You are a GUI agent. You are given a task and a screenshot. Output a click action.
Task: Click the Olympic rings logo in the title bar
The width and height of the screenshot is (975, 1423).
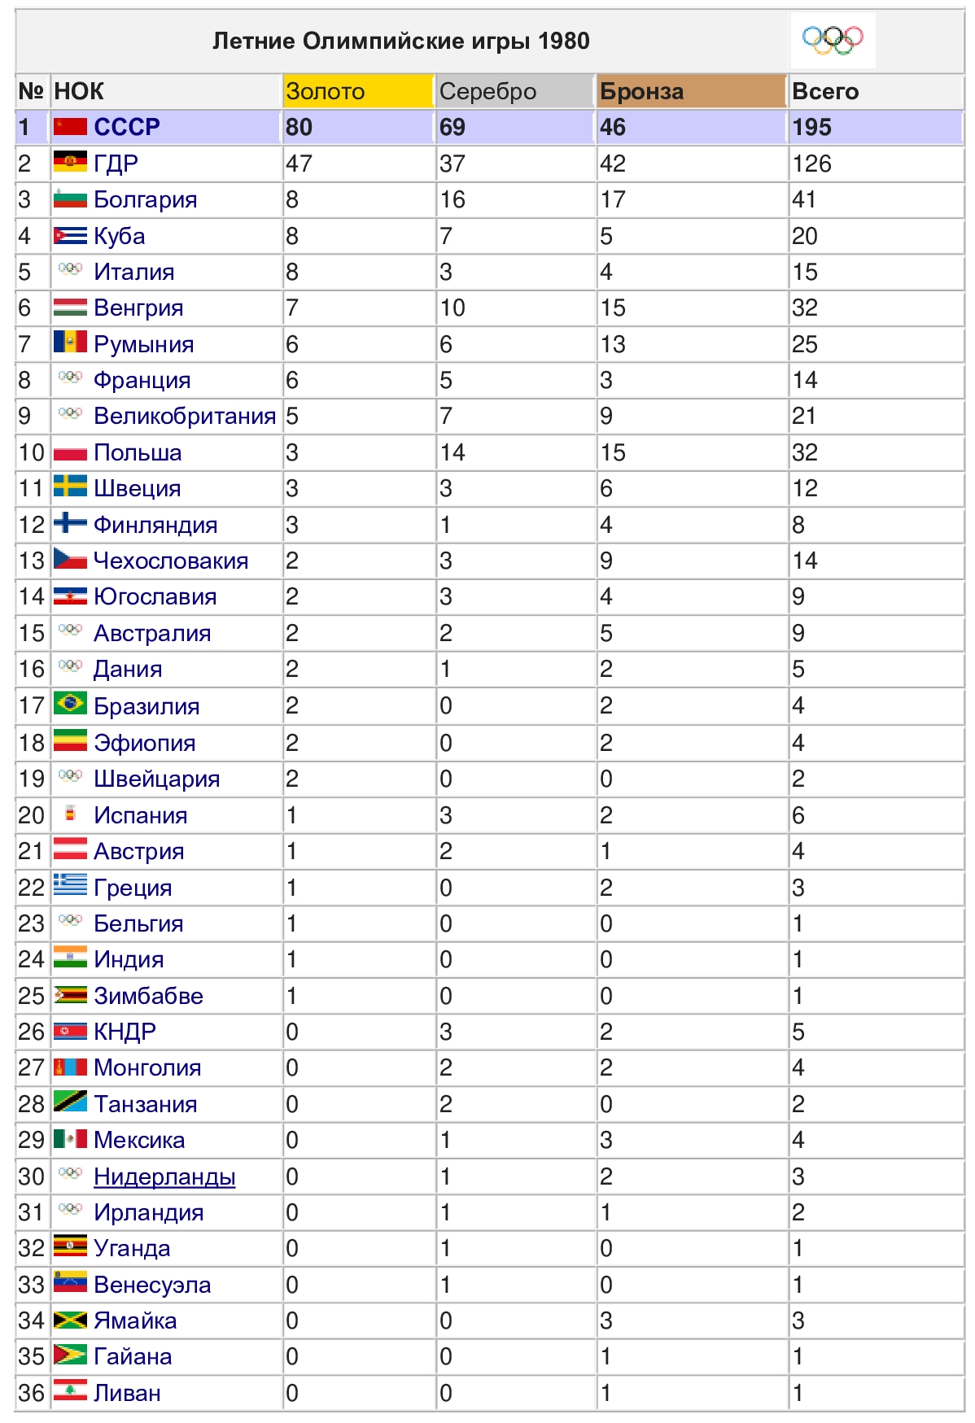tap(832, 40)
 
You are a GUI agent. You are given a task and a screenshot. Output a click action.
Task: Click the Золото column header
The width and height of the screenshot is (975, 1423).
tap(326, 92)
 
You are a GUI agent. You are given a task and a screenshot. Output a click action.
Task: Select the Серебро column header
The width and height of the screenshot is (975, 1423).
tap(487, 92)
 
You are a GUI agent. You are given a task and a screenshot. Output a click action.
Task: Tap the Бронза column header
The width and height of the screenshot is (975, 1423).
tap(641, 92)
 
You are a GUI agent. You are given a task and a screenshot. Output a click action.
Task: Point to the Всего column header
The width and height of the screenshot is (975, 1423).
tap(825, 92)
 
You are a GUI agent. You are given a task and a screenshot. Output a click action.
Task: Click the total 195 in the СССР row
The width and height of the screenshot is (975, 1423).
tap(812, 128)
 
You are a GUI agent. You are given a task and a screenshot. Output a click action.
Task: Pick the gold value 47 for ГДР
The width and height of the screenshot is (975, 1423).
tap(299, 164)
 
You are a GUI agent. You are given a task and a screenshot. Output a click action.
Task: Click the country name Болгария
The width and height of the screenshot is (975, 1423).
tap(145, 200)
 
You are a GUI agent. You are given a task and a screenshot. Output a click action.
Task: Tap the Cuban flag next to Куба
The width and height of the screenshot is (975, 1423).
tap(70, 236)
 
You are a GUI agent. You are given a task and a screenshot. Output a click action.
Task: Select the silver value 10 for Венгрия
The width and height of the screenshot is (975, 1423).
tap(453, 308)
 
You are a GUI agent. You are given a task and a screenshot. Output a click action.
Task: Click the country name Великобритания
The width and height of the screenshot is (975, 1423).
tap(185, 417)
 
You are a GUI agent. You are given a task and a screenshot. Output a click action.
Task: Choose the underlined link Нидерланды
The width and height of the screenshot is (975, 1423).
tap(164, 1176)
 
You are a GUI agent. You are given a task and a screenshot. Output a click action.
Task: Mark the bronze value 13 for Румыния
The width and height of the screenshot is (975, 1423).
tap(613, 344)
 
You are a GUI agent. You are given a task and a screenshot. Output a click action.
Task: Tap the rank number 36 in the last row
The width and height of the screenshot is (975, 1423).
tap(32, 1393)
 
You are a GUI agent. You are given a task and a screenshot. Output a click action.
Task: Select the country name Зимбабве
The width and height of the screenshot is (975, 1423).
tap(148, 996)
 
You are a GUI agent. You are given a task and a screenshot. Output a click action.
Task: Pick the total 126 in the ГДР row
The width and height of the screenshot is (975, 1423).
tap(812, 164)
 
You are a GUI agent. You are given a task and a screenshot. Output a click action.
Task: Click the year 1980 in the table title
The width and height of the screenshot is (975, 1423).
tap(564, 41)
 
